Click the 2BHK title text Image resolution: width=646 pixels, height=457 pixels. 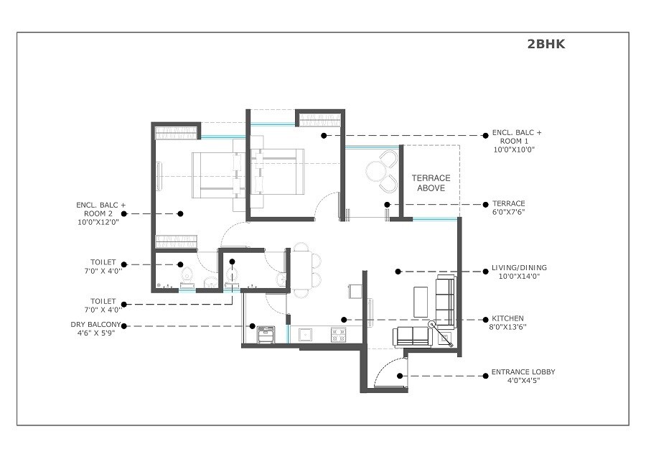coord(546,45)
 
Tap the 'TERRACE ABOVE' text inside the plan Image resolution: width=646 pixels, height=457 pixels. coord(430,183)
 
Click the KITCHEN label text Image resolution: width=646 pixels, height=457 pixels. coord(507,318)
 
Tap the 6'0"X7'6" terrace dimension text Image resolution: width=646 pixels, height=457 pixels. coord(509,213)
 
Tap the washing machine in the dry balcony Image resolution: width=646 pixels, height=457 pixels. coord(266,335)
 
